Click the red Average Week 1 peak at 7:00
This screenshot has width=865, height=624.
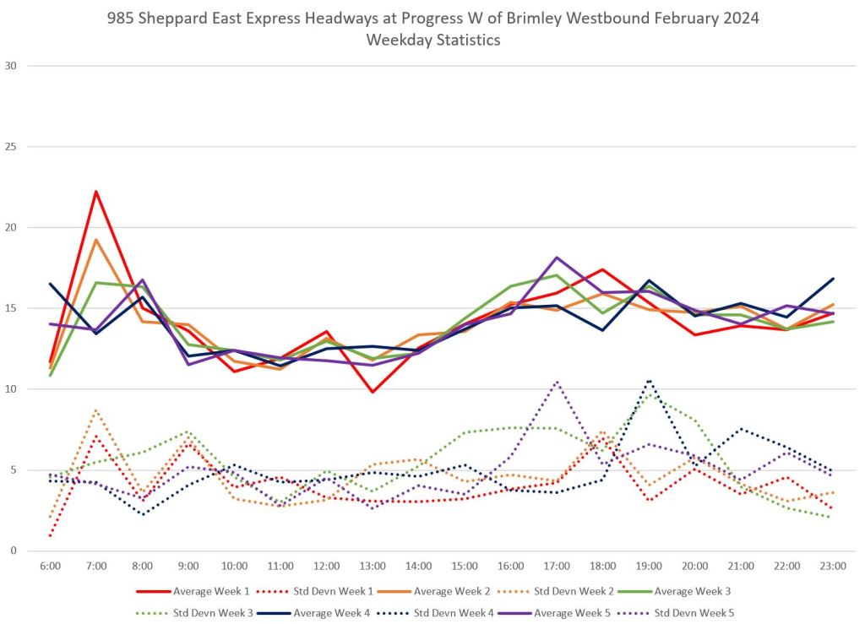[96, 192]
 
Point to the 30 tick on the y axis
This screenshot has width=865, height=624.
[12, 66]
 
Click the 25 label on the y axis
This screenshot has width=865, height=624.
[12, 147]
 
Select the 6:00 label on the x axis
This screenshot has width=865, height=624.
[50, 566]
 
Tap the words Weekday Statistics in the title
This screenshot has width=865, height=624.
[432, 40]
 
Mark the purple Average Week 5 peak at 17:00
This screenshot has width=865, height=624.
[557, 258]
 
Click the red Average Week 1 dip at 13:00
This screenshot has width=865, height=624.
[373, 392]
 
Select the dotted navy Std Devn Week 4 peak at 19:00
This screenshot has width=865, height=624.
[649, 380]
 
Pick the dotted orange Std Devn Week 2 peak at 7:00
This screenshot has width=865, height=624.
[96, 410]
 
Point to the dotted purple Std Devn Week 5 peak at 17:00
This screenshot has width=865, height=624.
[557, 382]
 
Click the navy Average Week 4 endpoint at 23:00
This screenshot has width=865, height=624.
[833, 279]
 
